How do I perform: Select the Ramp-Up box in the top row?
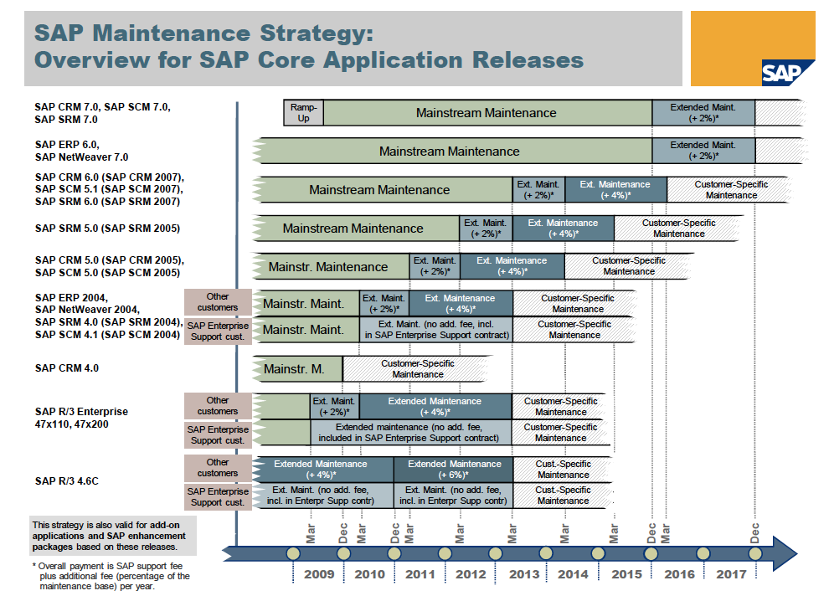(303, 112)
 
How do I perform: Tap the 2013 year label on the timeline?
(524, 574)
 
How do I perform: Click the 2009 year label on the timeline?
(319, 574)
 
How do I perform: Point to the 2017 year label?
(731, 574)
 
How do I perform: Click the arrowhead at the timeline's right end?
(785, 553)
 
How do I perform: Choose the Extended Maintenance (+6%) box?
(454, 470)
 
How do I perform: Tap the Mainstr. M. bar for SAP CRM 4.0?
(297, 369)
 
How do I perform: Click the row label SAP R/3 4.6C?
(67, 480)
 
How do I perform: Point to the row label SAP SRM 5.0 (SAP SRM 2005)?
(107, 229)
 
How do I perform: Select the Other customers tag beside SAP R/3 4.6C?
(218, 468)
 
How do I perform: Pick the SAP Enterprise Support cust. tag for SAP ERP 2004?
(218, 331)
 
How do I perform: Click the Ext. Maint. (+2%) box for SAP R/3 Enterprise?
(335, 406)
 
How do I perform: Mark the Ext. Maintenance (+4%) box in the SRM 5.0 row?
(563, 229)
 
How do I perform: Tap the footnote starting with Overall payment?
(111, 576)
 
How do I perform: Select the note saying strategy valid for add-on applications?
(112, 536)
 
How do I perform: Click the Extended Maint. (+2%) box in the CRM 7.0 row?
(703, 112)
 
